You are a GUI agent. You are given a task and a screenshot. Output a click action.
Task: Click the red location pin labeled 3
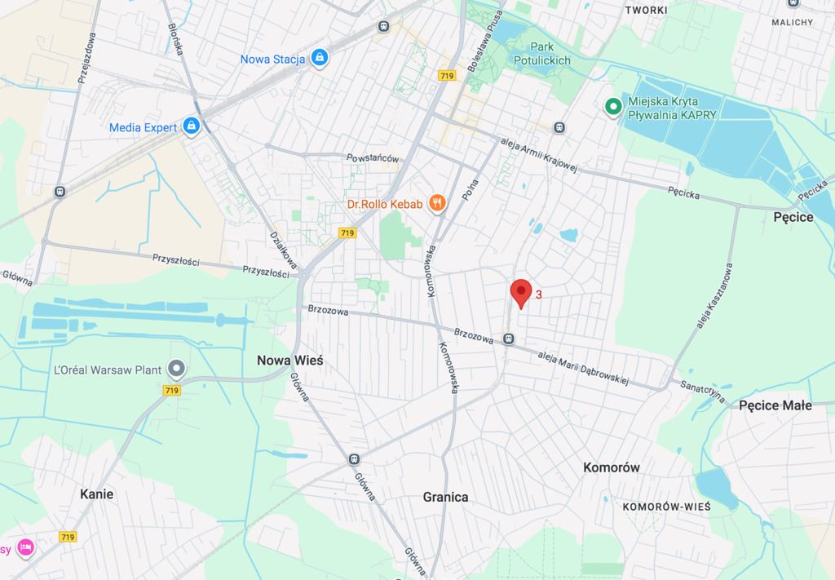click(521, 292)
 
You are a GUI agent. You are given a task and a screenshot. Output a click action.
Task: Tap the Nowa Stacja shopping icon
click(320, 58)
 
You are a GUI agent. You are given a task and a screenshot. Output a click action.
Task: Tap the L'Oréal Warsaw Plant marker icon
click(175, 370)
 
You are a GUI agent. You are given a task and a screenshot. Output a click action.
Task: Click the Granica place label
click(446, 496)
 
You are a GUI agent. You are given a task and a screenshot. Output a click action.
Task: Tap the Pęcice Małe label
click(775, 405)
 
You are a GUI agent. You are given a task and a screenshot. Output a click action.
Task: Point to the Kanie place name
click(96, 494)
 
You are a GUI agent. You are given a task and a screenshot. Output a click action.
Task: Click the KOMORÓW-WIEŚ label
click(666, 507)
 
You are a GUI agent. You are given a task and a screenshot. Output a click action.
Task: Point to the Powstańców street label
click(372, 157)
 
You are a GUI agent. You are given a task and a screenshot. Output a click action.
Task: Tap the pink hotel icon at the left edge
click(25, 547)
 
